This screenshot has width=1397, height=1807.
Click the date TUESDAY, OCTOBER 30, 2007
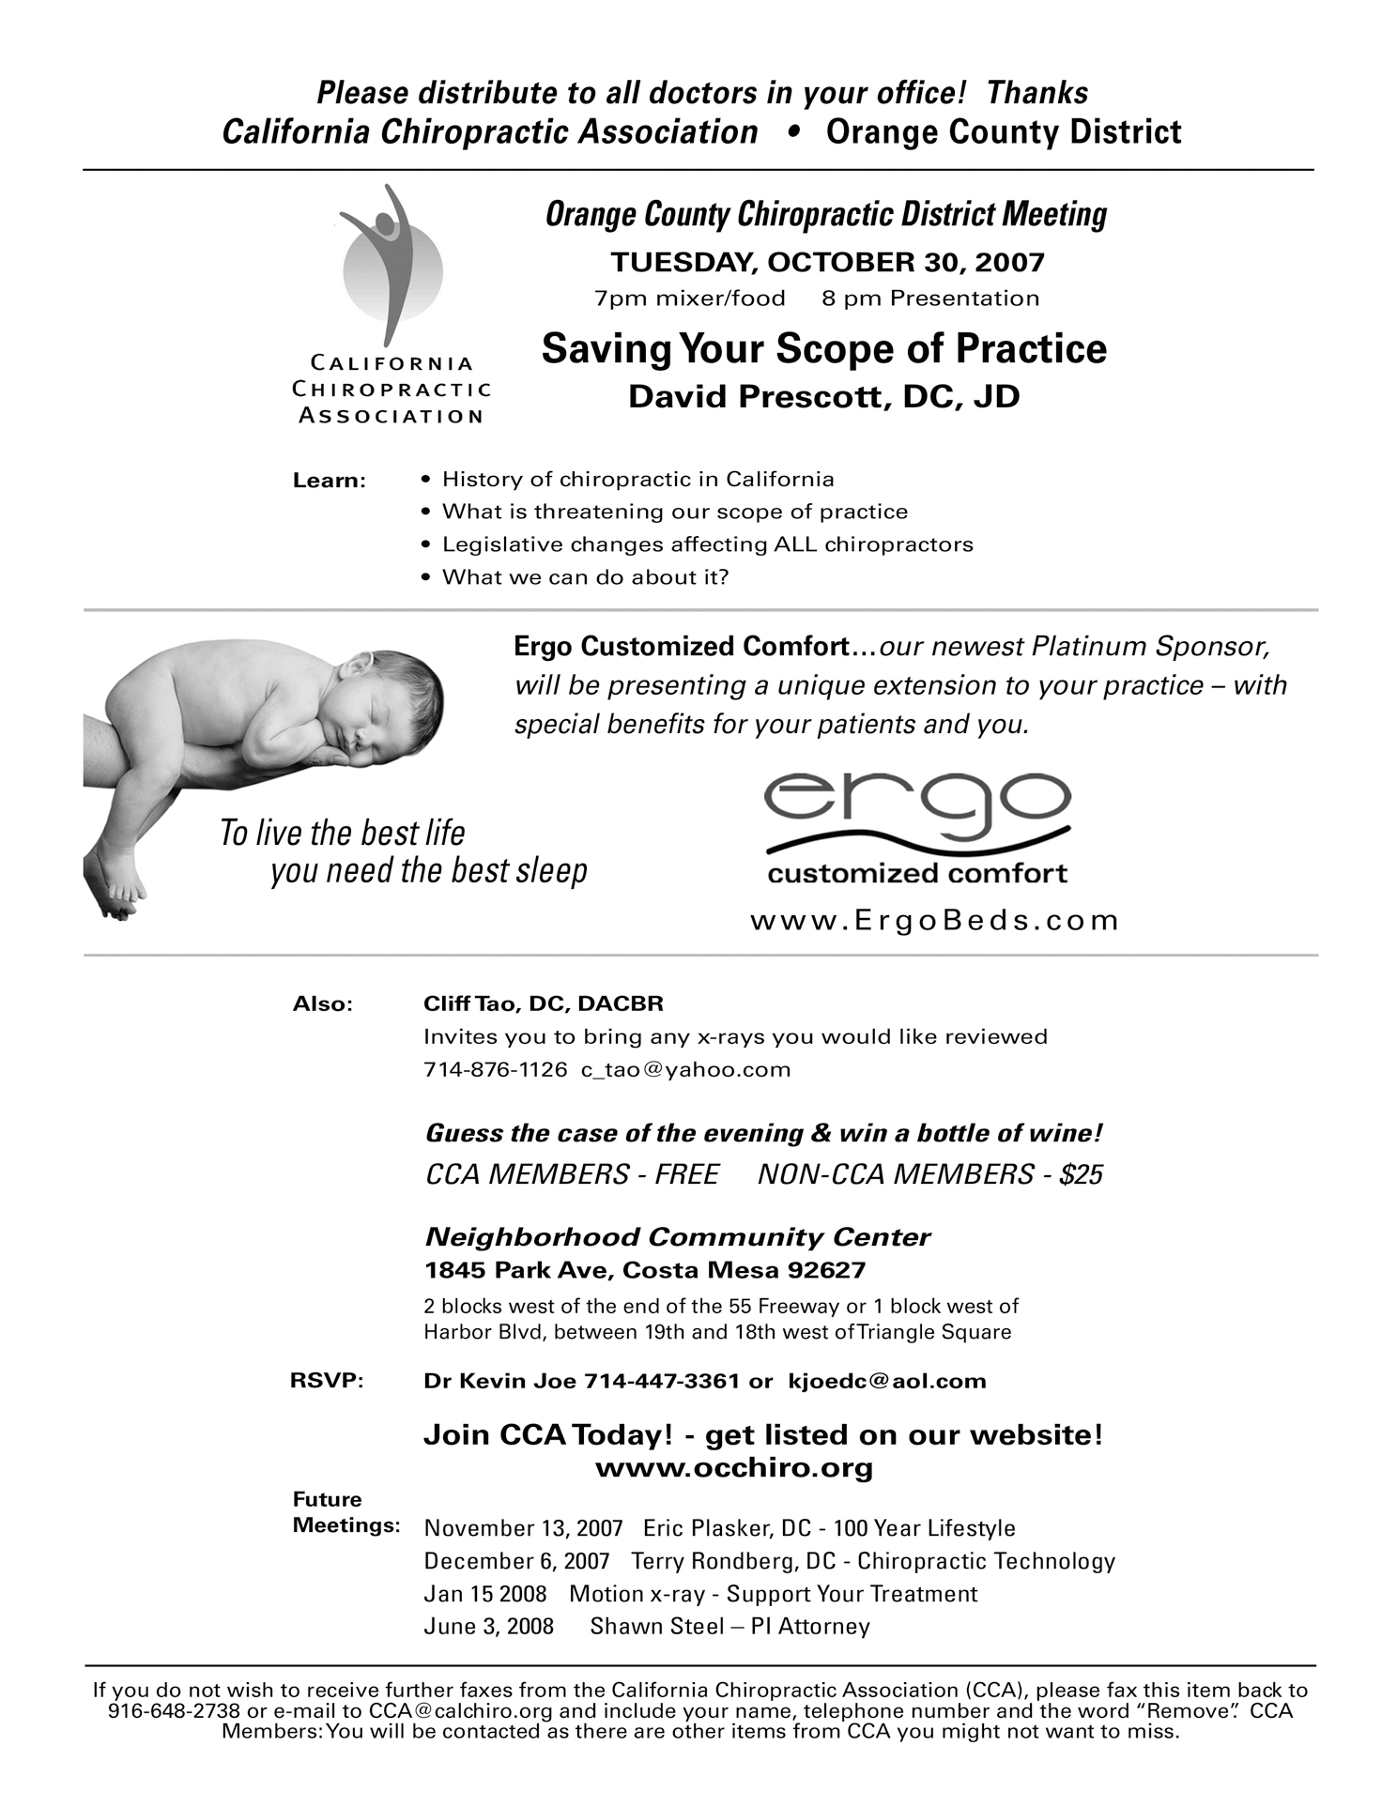[827, 262]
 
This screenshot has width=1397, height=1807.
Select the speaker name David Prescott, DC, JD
[823, 397]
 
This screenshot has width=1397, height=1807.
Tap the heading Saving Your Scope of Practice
[823, 349]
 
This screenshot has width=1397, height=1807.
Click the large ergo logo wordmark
[917, 807]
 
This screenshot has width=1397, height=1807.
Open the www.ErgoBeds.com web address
[934, 920]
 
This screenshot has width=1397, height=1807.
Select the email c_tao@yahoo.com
[685, 1070]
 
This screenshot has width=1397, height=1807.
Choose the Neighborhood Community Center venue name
[677, 1237]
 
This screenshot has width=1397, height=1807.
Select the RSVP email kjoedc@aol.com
[887, 1381]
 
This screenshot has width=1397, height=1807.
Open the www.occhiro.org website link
[734, 1468]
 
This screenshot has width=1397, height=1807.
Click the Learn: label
[329, 481]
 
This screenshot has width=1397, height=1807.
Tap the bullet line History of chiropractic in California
[637, 480]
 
